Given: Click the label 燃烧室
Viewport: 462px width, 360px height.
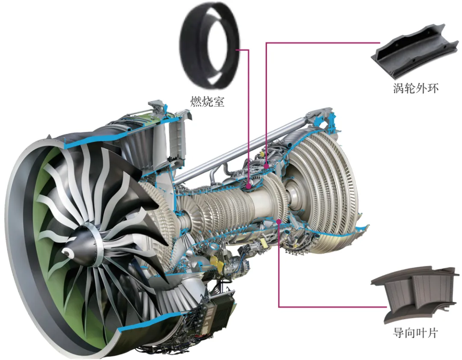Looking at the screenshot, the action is [x=207, y=101].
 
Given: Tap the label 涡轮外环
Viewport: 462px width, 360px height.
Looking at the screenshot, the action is [x=415, y=88].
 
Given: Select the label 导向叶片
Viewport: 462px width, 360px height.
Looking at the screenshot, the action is [x=415, y=333].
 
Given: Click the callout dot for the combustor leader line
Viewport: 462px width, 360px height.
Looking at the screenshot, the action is [x=249, y=186].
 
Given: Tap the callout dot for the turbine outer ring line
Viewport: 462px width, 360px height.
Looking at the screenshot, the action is [x=267, y=166].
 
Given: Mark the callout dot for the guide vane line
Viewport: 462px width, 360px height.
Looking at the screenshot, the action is [x=279, y=221].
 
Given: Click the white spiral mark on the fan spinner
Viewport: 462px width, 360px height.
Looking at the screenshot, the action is [x=68, y=251].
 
